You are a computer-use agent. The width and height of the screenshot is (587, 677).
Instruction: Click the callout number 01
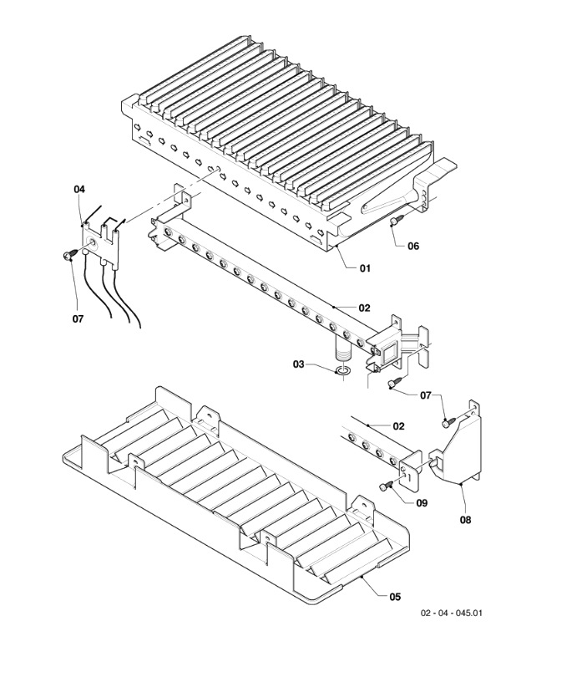point(365,268)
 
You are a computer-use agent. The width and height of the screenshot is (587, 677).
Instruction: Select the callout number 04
point(79,189)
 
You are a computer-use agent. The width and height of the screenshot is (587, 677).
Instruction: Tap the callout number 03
point(298,364)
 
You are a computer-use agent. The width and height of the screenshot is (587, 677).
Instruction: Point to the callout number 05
point(395,597)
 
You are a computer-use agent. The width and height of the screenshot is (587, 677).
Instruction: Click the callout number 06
point(413,246)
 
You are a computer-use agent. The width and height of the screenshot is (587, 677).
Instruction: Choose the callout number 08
point(465,520)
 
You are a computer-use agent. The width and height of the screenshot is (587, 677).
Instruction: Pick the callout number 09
point(422,503)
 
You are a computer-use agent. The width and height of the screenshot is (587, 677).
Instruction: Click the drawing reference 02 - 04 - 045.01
point(452,613)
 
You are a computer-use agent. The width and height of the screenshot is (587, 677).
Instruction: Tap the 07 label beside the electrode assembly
point(78,319)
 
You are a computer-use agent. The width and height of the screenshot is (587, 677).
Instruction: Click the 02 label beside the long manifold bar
point(364,308)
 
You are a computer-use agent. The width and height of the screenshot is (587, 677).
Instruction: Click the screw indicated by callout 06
point(397,220)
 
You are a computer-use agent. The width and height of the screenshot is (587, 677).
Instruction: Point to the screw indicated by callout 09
point(387,486)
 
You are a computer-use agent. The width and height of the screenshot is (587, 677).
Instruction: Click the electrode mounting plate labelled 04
point(100,245)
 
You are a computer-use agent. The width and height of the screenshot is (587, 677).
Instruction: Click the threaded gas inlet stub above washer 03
point(343,349)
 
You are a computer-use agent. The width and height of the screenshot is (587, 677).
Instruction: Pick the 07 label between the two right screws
point(425,395)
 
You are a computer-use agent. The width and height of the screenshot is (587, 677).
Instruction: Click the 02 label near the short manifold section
point(398,426)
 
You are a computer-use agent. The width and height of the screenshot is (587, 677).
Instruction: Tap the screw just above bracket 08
point(449,422)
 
